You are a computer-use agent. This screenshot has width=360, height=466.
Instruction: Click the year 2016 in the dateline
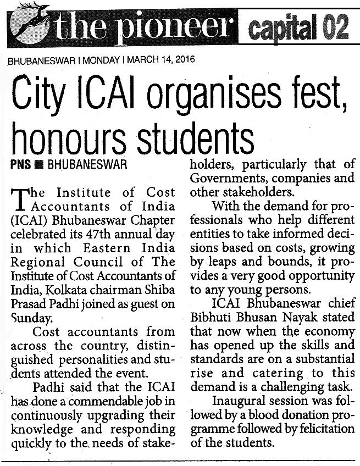(182, 59)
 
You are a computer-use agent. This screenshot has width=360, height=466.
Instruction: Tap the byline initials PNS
(20, 164)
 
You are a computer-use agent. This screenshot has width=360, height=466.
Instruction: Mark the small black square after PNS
(37, 165)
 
